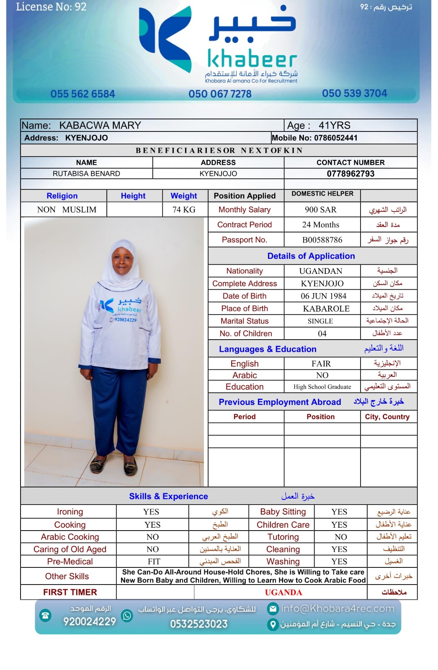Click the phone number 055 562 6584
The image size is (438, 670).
(82, 94)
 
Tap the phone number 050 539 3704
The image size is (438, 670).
(354, 93)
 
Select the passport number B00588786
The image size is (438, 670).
(322, 240)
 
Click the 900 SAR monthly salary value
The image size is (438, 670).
(321, 210)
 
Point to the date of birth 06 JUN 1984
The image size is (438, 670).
(323, 296)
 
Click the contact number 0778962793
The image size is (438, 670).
(350, 174)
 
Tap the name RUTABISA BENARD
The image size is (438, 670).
(86, 174)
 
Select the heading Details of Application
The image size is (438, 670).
(311, 256)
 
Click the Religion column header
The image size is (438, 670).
(62, 196)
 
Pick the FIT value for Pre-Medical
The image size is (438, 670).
(154, 562)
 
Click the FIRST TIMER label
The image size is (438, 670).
(70, 592)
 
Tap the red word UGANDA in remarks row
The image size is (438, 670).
(283, 593)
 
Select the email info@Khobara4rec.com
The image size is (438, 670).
(338, 608)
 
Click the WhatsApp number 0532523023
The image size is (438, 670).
(198, 624)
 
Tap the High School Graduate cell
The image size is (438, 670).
(322, 387)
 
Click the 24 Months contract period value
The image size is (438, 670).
(321, 225)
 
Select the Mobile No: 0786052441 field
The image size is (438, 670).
(314, 138)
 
